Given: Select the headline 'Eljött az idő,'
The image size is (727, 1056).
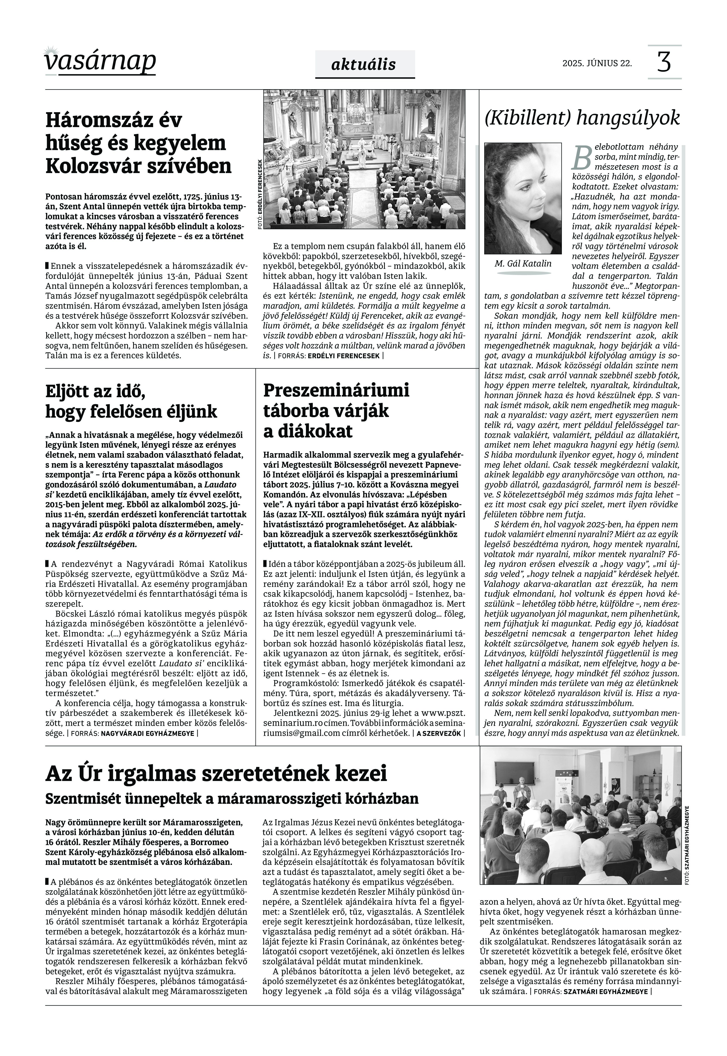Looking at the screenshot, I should (x=96, y=391).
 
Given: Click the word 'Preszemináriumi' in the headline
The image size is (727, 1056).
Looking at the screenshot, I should (x=336, y=390).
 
